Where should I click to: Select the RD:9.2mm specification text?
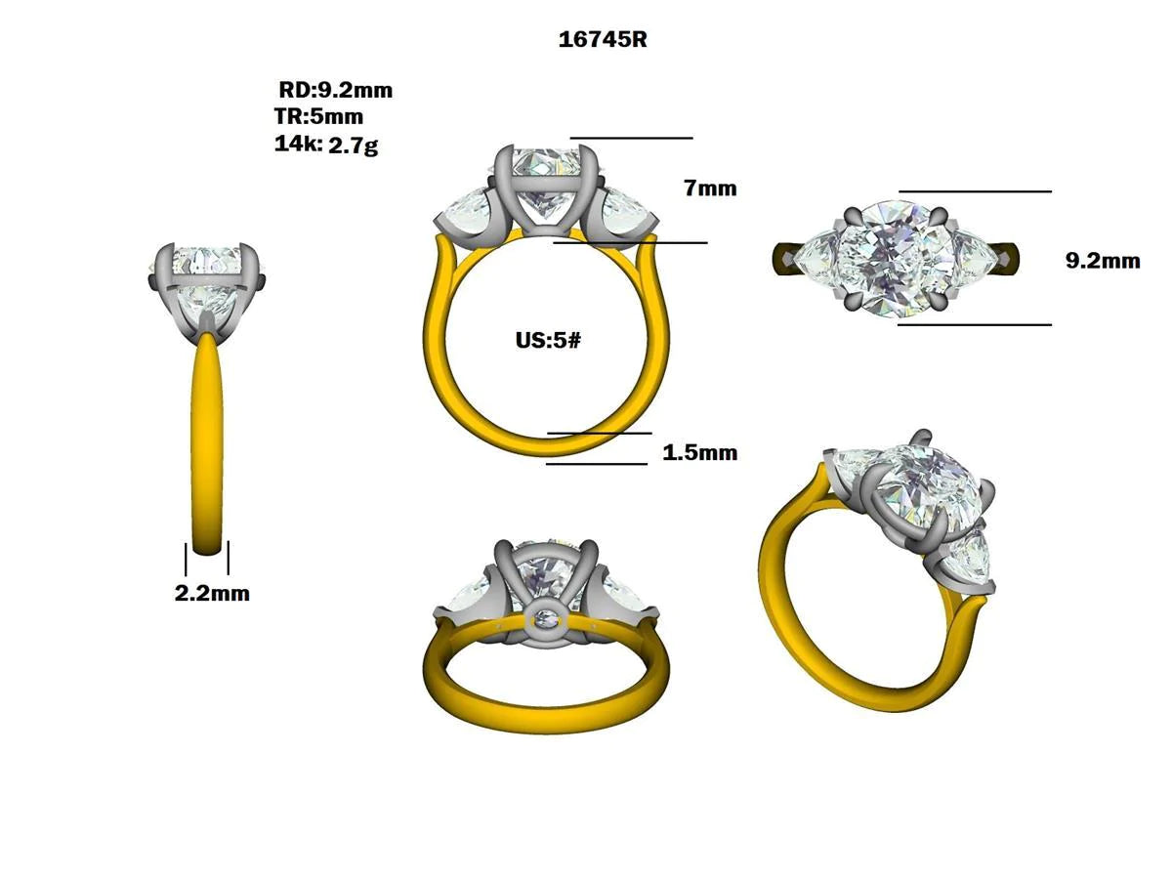[335, 91]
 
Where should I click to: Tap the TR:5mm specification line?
[318, 117]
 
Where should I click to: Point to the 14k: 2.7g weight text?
[326, 146]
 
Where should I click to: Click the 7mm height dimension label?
[710, 188]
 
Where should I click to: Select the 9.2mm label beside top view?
[1102, 261]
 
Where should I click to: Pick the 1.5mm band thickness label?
[699, 453]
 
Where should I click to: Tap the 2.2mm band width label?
[212, 593]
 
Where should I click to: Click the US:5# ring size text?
[548, 342]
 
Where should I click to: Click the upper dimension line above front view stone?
[631, 139]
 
